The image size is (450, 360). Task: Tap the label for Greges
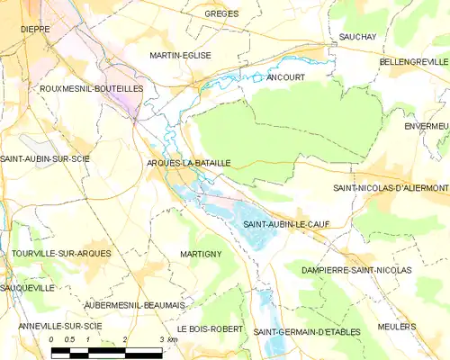coord(221,14)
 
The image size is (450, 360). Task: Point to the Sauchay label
coord(357,36)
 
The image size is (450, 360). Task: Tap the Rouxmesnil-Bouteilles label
coord(92,89)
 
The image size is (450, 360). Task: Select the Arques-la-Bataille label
coord(189,163)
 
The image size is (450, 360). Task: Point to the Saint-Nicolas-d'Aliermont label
coord(391,188)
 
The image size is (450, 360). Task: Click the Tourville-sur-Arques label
coord(62,254)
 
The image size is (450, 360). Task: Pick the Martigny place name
coord(201,255)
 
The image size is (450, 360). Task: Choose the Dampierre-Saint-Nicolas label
coord(356,270)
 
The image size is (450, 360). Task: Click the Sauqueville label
coord(28,288)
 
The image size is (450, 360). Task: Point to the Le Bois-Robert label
coord(210,329)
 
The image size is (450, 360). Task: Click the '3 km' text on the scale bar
coord(167,339)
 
